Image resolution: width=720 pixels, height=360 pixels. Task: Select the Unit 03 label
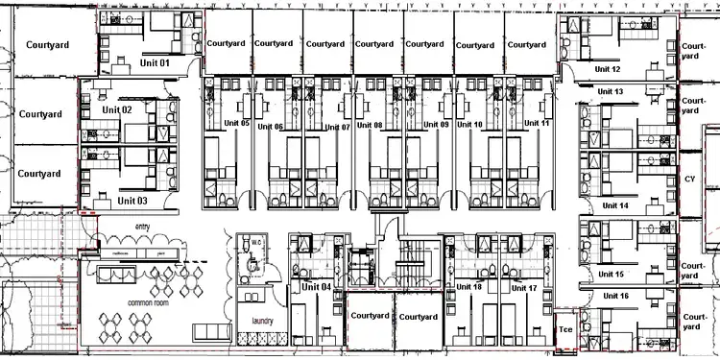click(132, 201)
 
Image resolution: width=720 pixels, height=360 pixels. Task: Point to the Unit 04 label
click(316, 286)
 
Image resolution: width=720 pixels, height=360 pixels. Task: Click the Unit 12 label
click(608, 69)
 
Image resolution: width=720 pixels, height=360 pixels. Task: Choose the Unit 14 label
click(613, 205)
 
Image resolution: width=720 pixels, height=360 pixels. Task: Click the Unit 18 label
click(469, 287)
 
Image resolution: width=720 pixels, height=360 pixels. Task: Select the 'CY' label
click(689, 179)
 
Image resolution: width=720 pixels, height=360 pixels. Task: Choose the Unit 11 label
click(538, 124)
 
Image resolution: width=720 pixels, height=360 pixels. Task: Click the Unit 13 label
click(611, 91)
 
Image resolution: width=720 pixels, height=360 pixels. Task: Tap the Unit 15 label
click(612, 274)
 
